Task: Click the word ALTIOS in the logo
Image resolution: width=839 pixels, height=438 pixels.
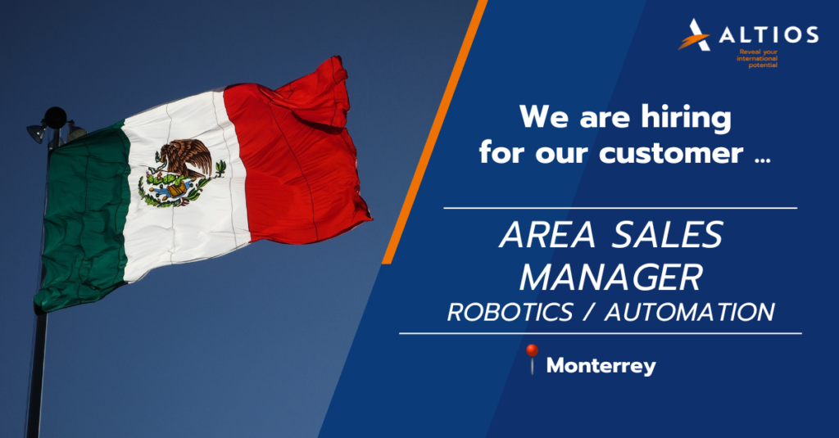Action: click(769, 34)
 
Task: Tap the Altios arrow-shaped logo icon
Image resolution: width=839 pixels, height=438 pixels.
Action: click(695, 35)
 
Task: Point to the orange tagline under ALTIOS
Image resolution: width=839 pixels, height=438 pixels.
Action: click(757, 58)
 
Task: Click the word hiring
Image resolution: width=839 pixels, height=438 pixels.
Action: click(686, 118)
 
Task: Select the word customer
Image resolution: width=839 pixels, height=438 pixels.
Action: click(671, 153)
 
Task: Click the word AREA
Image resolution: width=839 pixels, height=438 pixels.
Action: click(546, 235)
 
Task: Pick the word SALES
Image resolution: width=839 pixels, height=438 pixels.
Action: click(669, 235)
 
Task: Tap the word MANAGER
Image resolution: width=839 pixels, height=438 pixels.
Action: click(610, 278)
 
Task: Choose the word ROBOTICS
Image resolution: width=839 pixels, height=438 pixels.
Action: click(510, 312)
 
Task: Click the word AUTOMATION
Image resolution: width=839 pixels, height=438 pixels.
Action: click(690, 312)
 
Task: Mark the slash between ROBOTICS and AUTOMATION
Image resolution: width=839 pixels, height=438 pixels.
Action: click(588, 312)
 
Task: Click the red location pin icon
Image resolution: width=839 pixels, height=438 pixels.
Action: click(531, 359)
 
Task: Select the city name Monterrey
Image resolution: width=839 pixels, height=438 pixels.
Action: click(601, 366)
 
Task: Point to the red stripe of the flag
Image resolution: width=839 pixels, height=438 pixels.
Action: click(297, 155)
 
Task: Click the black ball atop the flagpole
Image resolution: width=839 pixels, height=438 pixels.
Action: click(55, 118)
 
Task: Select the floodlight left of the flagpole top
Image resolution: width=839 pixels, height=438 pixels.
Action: click(36, 133)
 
